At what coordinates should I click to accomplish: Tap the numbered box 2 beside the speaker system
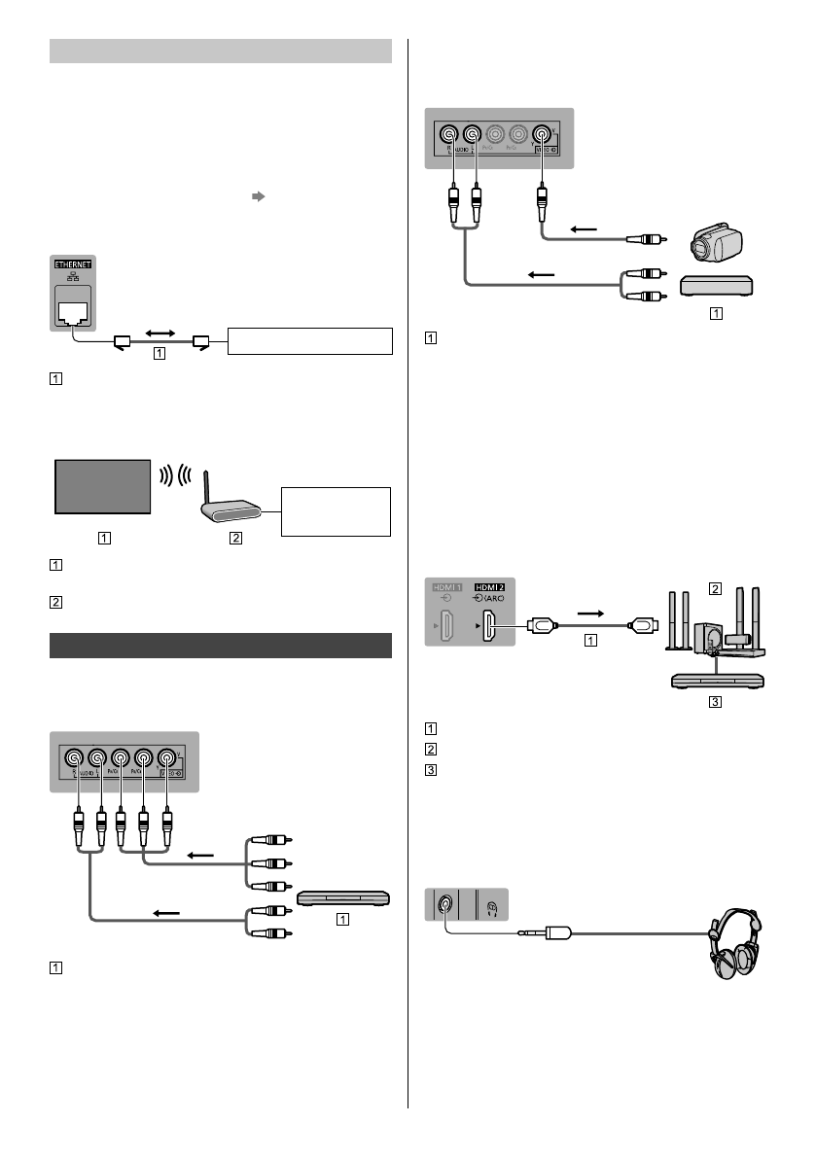coord(715,588)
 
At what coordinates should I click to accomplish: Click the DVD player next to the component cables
coord(343,897)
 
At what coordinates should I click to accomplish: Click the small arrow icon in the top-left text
coord(258,195)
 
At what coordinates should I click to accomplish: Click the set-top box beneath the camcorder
coord(716,285)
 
